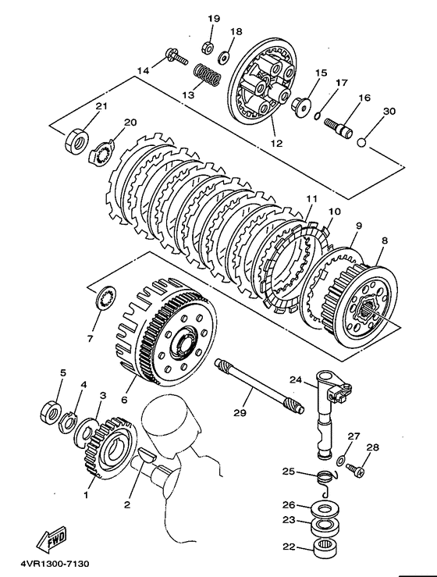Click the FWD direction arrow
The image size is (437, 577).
pos(52,539)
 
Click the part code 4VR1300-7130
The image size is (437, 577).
pos(55,564)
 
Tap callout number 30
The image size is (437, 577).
pos(389,111)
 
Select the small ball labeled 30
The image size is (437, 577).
pos(362,142)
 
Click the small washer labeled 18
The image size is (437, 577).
pos(223,57)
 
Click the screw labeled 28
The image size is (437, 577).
pos(356,469)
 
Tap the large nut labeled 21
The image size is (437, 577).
pos(76,141)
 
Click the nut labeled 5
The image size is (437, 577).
pos(50,411)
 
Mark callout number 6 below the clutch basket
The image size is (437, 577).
pos(124,399)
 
